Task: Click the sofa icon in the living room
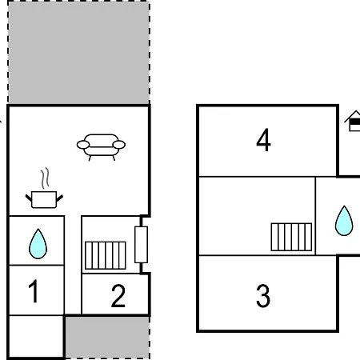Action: point(101,147)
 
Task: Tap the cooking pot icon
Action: point(44,199)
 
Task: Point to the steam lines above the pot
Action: point(46,178)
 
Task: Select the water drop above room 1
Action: point(38,244)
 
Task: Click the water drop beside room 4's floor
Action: point(344,221)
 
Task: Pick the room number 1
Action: point(34,291)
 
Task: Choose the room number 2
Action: point(118,295)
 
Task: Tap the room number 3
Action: point(263,296)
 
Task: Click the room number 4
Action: point(263,140)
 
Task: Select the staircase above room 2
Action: point(106,255)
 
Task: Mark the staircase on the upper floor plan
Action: point(291,237)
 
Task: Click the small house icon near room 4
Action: point(353,121)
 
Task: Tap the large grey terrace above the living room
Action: point(78,52)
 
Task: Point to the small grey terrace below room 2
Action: point(107,338)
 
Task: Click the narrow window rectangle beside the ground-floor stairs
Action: point(141,245)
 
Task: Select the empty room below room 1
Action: point(36,336)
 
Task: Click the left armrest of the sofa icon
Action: point(83,145)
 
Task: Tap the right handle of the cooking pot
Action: point(60,198)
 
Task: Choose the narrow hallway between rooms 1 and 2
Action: point(73,265)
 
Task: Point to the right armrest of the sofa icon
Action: point(119,145)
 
